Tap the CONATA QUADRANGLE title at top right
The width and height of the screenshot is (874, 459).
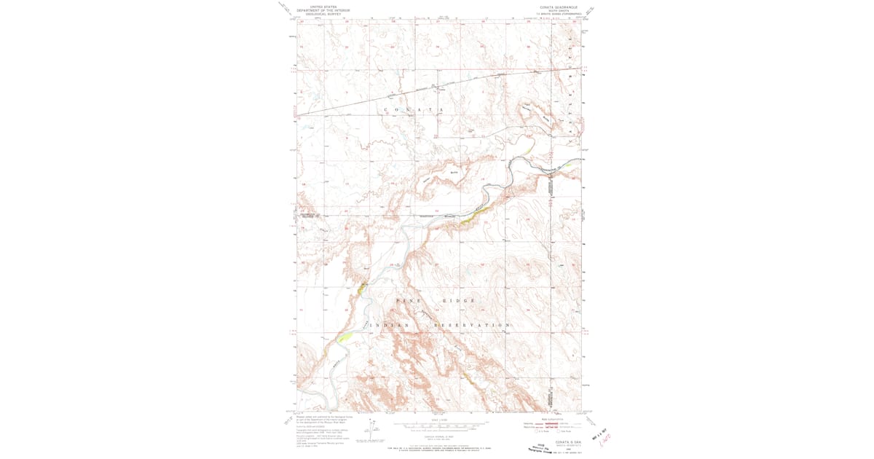[559, 6]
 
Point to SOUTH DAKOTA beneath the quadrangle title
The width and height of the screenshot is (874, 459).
[558, 9]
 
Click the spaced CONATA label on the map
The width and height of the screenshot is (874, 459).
[414, 109]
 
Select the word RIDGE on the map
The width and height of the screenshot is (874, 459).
[459, 300]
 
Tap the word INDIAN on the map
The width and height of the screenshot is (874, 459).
[393, 325]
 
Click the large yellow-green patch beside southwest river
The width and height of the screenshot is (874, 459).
[345, 336]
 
